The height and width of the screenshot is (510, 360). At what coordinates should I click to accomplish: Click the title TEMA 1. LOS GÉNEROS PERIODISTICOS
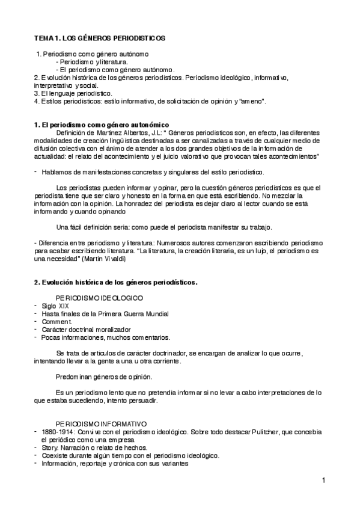pyautogui.click(x=99, y=38)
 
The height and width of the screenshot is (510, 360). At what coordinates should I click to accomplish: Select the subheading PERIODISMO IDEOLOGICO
pyautogui.click(x=99, y=298)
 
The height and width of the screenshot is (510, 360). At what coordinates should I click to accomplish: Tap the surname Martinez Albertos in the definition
pyautogui.click(x=120, y=132)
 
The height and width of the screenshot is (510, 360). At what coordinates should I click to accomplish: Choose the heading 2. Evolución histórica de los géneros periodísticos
pyautogui.click(x=116, y=282)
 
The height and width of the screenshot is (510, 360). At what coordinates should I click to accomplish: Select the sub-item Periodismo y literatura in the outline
pyautogui.click(x=94, y=61)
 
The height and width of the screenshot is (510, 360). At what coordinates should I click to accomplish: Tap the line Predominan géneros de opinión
pyautogui.click(x=103, y=376)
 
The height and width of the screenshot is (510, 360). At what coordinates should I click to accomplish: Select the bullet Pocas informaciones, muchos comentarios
pyautogui.click(x=105, y=337)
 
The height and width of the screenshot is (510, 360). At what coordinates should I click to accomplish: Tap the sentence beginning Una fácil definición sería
pyautogui.click(x=163, y=227)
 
